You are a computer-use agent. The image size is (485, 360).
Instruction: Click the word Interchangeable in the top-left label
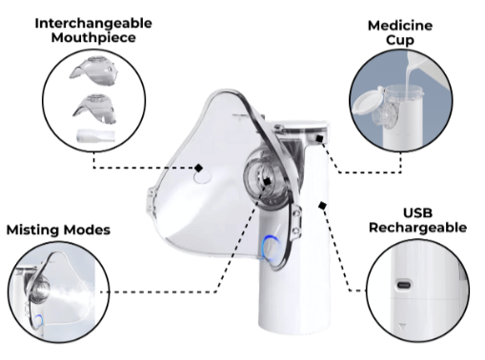pos(93,23)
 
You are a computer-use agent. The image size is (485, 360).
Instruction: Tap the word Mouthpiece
pos(93,37)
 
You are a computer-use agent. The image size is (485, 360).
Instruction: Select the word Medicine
pos(400,26)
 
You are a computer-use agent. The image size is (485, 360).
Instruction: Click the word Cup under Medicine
pos(400,40)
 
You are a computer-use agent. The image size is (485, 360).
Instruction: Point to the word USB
pos(417,212)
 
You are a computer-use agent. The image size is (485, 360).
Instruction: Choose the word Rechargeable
pos(417,228)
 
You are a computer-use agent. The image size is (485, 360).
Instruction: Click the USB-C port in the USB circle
pos(404,284)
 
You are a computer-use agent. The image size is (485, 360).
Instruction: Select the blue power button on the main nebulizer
pos(271,249)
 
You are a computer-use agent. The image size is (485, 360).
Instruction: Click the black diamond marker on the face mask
pos(199,168)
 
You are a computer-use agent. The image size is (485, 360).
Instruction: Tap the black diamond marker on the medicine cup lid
pos(319,138)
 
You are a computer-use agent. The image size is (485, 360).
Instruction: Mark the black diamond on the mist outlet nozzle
pos(267,182)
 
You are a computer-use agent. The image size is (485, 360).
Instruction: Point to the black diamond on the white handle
pos(322,206)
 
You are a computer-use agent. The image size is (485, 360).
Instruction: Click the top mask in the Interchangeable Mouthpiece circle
pos(94,71)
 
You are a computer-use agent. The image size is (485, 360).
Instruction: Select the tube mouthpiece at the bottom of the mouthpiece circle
pos(95,135)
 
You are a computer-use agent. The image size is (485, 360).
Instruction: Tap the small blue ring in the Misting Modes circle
pos(38,321)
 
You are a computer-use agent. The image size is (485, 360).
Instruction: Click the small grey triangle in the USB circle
pos(402,327)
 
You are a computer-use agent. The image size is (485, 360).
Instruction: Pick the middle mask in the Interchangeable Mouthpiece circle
pos(94,109)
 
